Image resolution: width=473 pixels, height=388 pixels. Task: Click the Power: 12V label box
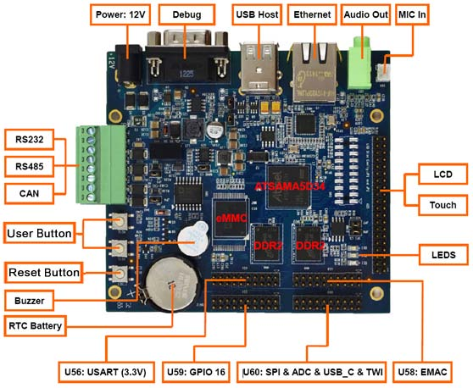pos(120,14)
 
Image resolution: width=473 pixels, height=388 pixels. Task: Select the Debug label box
pos(186,14)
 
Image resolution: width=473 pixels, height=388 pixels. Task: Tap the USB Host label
pos(257,14)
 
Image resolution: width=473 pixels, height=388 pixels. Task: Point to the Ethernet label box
pos(312,14)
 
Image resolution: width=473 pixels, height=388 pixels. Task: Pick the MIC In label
pos(412,14)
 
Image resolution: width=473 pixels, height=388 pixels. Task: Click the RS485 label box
pos(30,166)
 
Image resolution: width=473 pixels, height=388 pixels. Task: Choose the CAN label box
pos(30,193)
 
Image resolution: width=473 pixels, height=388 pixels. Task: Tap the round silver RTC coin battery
pos(172,285)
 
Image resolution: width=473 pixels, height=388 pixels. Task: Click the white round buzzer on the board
pos(192,238)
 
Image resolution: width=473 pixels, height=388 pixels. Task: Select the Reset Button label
pos(44,273)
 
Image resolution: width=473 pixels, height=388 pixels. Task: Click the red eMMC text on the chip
pos(231,218)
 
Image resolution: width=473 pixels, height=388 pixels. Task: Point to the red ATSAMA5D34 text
pos(290,186)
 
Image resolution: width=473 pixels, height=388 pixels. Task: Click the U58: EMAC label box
pos(422,372)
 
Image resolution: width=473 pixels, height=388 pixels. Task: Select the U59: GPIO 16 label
pos(196,372)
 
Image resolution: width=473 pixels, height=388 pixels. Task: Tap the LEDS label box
pos(443,255)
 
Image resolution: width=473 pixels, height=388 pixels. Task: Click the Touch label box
pos(443,205)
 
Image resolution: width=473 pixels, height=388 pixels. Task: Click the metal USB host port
pos(259,67)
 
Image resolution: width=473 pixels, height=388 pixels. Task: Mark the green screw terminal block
pos(101,164)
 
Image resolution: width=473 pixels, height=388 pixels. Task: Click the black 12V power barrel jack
pos(129,64)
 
